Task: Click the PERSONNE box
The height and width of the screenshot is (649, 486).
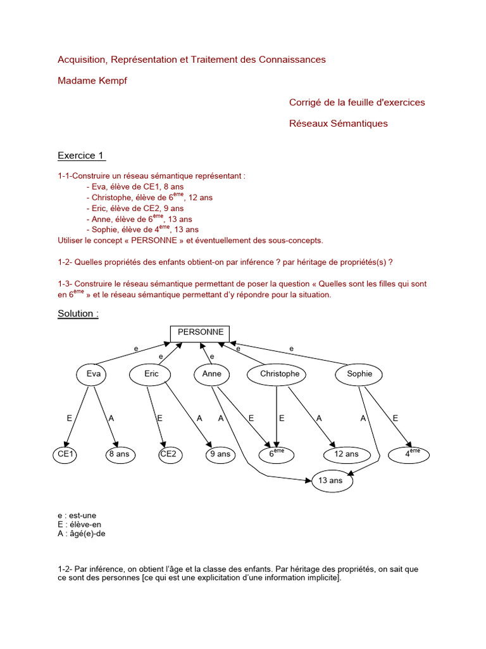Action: pos(201,333)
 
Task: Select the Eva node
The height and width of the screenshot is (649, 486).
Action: pos(93,374)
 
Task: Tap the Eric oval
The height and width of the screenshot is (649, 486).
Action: pos(152,374)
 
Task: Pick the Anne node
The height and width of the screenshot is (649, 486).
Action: pos(212,374)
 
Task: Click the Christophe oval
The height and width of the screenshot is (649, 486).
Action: pos(280,374)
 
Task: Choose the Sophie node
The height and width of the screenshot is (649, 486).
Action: pos(359,374)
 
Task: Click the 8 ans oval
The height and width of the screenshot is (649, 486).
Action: pos(118,454)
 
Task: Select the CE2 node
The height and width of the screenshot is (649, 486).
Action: pos(168,454)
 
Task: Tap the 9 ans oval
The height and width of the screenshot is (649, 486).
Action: pos(220,454)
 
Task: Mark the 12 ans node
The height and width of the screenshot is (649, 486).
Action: pos(346,454)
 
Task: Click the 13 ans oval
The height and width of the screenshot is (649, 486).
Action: pos(332,481)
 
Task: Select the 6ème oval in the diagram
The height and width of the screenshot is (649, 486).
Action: pos(277,454)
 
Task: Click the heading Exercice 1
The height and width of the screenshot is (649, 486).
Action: pos(81,155)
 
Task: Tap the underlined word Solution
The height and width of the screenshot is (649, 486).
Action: pos(77,314)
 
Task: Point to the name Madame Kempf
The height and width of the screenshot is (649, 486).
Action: pos(92,80)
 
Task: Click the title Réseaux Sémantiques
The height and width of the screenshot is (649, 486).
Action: pos(338,124)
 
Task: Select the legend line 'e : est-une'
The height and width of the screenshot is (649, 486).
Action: pos(77,516)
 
